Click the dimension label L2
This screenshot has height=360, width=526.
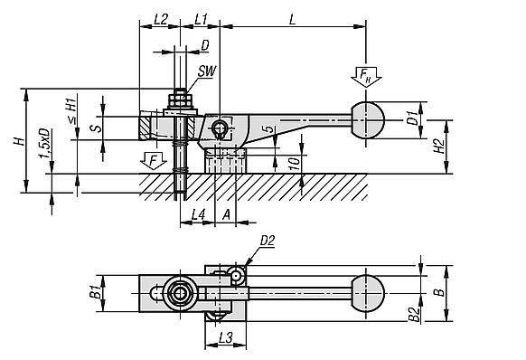point(160,19)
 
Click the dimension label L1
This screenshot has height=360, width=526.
point(201,19)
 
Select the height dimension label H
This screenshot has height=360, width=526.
point(10,140)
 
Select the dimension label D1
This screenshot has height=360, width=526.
point(410,118)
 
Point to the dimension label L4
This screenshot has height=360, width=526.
point(199,214)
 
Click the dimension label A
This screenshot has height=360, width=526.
point(227,214)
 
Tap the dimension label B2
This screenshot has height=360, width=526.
point(411,312)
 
